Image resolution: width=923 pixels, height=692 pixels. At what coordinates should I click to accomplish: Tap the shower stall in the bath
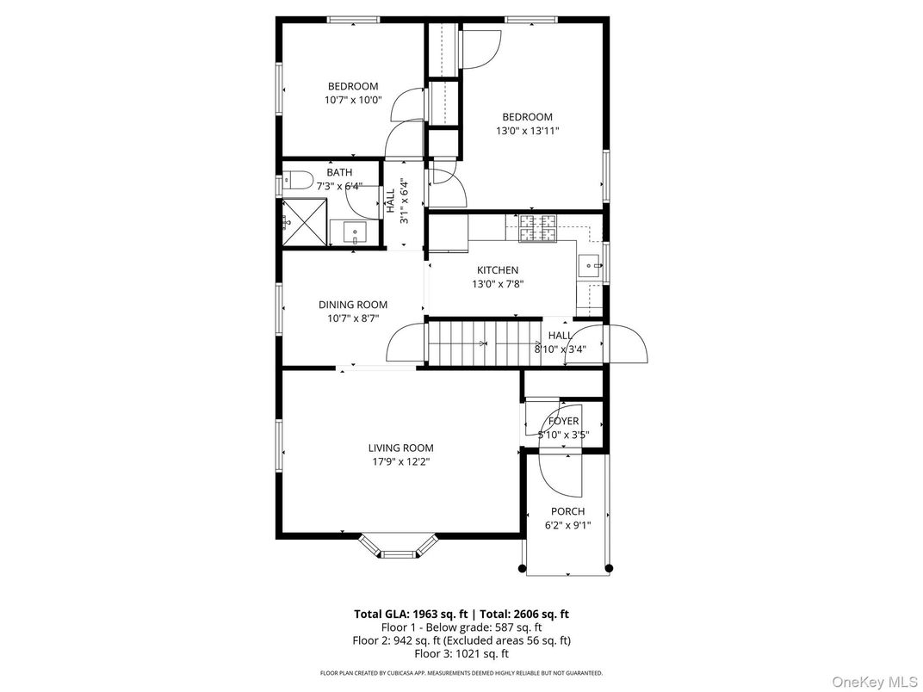pos(306,222)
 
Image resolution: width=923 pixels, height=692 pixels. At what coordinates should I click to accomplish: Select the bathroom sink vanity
pos(355,232)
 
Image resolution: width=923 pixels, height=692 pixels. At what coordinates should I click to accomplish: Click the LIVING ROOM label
pos(400,448)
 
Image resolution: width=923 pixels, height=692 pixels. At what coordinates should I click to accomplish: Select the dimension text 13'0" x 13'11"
pos(527,131)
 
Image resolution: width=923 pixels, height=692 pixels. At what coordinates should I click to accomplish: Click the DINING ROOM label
pos(353,305)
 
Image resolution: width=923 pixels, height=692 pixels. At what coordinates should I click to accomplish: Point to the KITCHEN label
pos(498,270)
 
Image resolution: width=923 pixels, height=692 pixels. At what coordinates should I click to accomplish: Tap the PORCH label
pos(567,511)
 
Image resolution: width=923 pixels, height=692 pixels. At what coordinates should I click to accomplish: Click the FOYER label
pos(564,421)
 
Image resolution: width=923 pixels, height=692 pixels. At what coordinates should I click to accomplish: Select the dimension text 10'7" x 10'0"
pos(353,100)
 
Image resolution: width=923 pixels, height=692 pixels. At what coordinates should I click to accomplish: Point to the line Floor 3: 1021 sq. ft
pos(461,653)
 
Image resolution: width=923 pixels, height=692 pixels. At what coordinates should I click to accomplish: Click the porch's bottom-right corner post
pos(609,568)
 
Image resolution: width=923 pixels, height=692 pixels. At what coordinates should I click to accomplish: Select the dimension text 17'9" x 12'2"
pos(400,461)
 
